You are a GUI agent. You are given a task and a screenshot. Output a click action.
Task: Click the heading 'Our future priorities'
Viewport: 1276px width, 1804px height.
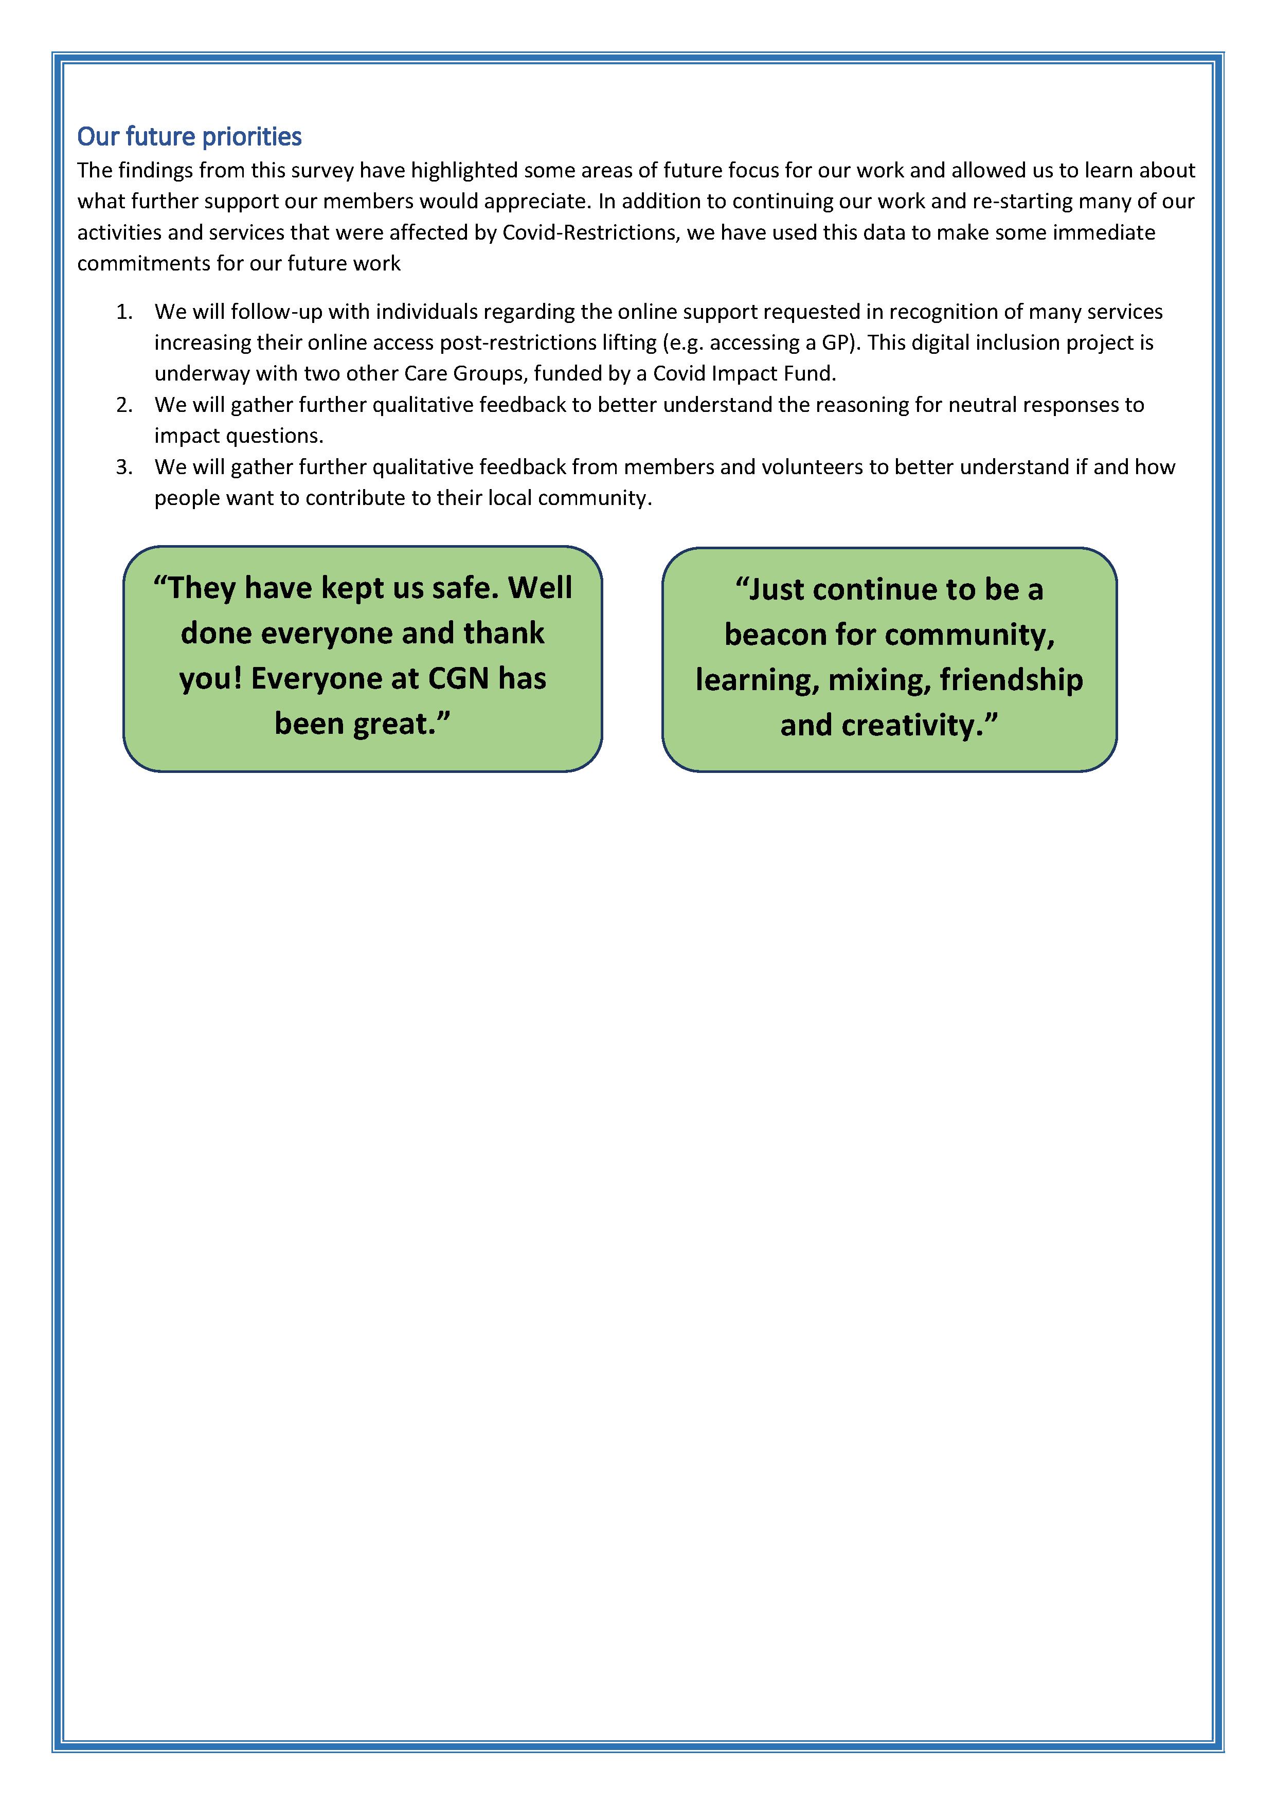point(189,137)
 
